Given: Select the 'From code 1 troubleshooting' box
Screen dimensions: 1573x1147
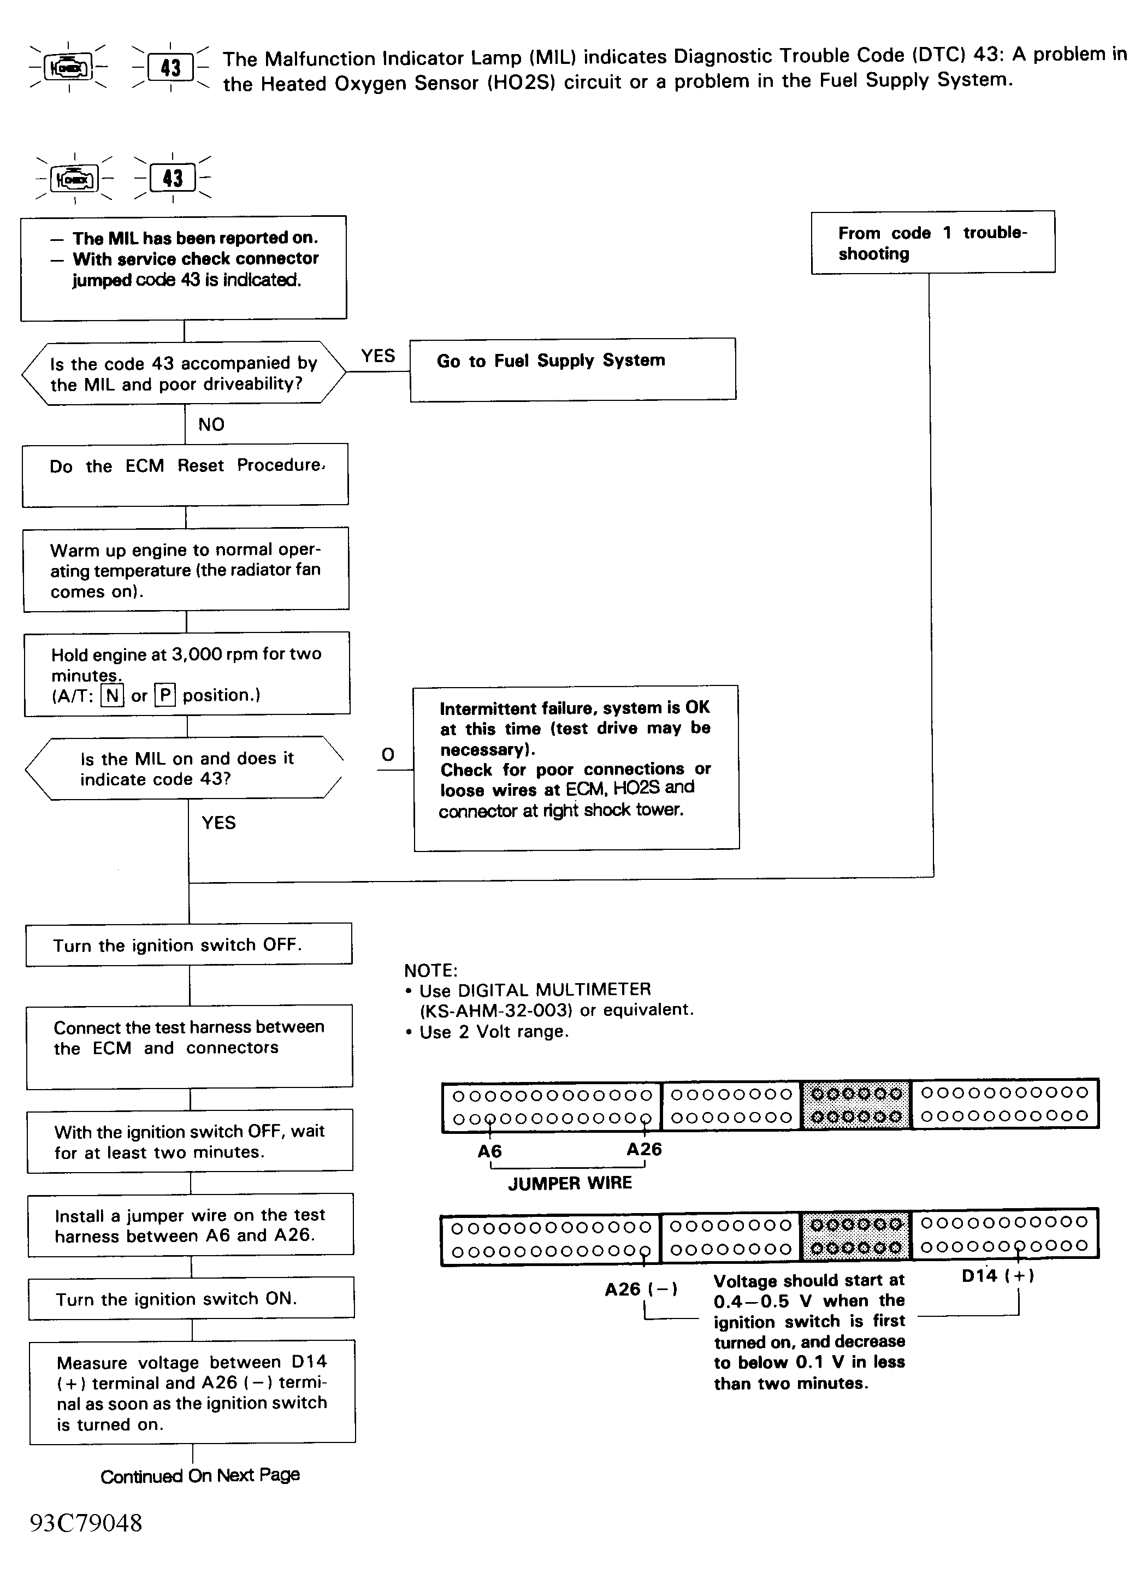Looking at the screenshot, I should click(932, 243).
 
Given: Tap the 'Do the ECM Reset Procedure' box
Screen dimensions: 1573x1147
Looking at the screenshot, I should click(185, 475).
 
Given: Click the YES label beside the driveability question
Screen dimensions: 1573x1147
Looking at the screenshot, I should click(378, 356).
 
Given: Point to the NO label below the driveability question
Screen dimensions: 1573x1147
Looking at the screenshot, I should click(211, 425).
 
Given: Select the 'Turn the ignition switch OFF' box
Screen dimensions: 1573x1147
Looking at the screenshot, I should click(189, 945).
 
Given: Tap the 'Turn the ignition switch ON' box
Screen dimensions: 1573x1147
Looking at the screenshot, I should click(191, 1298).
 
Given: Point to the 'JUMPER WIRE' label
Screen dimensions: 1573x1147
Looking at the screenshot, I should click(570, 1184).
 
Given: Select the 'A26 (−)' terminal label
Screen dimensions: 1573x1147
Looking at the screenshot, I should click(641, 1289).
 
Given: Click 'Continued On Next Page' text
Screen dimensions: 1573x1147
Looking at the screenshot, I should click(200, 1475).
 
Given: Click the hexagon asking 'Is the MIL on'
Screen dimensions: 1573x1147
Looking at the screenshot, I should click(185, 768).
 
